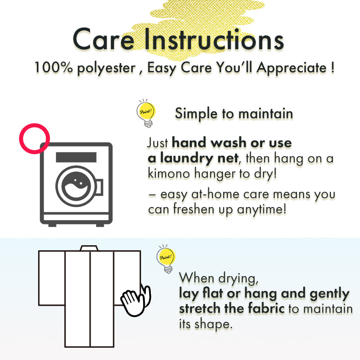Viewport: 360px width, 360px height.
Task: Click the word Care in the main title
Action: click(x=104, y=39)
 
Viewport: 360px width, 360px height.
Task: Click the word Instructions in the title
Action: click(x=214, y=39)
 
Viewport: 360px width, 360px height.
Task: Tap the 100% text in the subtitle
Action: click(x=53, y=67)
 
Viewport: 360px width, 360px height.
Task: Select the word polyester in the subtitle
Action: click(x=106, y=69)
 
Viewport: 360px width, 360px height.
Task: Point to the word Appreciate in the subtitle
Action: click(x=291, y=68)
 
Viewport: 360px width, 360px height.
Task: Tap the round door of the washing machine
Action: click(x=76, y=186)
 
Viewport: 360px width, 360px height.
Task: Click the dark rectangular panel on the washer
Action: click(x=76, y=157)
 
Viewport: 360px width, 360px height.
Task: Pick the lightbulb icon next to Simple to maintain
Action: click(x=146, y=113)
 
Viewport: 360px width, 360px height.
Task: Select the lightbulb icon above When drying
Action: click(x=166, y=259)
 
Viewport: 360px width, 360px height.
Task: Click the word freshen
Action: click(x=194, y=209)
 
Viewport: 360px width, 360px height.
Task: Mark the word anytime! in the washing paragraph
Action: click(x=261, y=209)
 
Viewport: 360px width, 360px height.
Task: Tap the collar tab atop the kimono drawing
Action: click(x=89, y=248)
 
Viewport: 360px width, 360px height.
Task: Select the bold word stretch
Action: click(x=199, y=308)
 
